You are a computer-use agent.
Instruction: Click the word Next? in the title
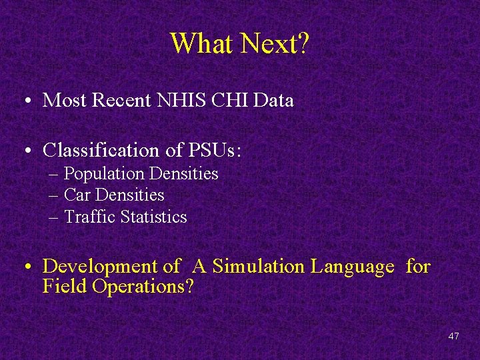coord(275,44)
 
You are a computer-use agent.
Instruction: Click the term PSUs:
coord(215,151)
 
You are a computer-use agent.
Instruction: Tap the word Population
coord(104,174)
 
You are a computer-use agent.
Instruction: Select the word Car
coord(77,195)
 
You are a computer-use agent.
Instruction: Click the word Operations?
coord(144,287)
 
